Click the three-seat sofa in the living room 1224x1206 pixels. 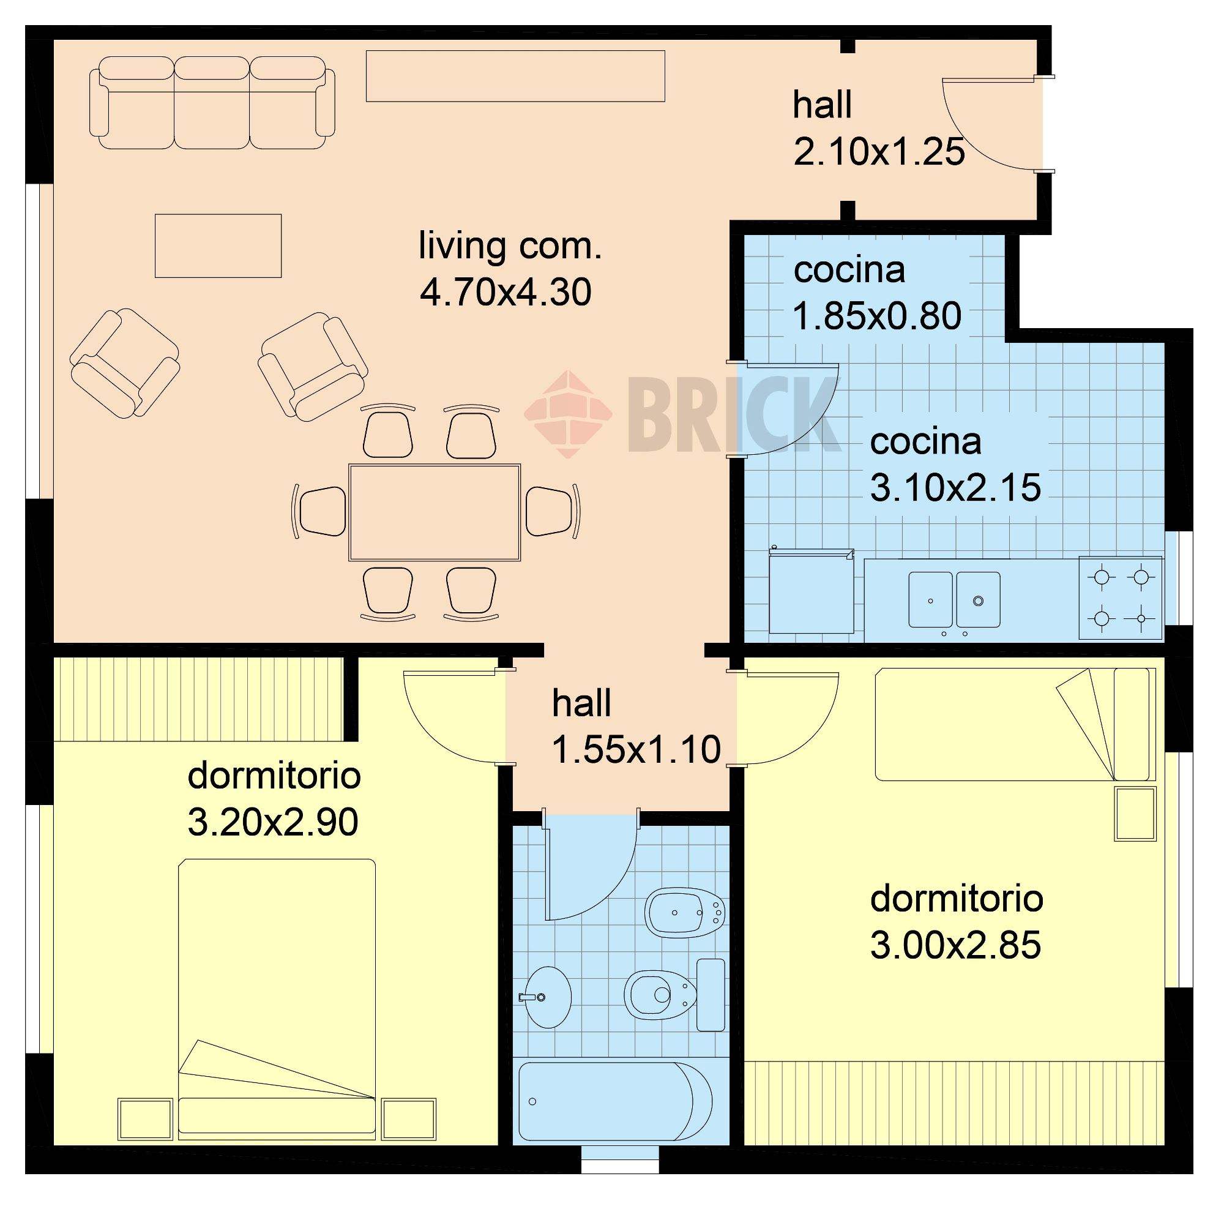(x=212, y=103)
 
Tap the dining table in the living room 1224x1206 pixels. (x=435, y=512)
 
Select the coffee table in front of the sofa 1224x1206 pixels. (x=218, y=245)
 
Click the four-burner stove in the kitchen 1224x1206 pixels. (x=1121, y=597)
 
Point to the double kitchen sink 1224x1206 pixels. (x=954, y=600)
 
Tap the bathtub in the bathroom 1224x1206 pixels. (x=615, y=1101)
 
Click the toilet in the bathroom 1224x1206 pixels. (x=674, y=995)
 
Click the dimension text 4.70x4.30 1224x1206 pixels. (x=506, y=292)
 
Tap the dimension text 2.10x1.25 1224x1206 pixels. (x=879, y=152)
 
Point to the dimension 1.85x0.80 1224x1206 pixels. (x=877, y=315)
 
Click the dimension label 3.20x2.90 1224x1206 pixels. (x=273, y=822)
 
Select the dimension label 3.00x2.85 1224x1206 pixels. (x=955, y=945)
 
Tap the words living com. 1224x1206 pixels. (x=510, y=245)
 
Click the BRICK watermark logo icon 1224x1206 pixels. (x=568, y=414)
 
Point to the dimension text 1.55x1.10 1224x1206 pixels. (x=636, y=749)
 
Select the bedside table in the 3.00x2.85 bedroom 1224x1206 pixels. (x=1135, y=814)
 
